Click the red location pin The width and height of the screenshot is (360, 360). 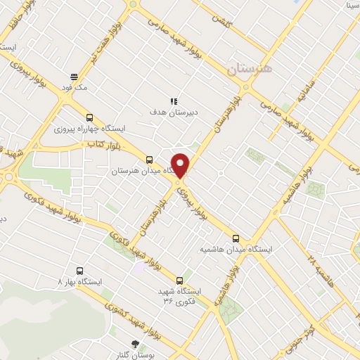(x=181, y=164)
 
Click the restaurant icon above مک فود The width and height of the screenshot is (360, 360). (x=74, y=77)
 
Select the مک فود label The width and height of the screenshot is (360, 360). (x=74, y=88)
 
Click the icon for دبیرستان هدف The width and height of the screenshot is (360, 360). (x=172, y=101)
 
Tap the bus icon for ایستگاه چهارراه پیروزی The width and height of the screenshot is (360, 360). (x=89, y=118)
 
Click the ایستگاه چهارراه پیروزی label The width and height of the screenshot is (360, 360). (x=89, y=129)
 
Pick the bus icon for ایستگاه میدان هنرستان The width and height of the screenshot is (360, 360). (x=148, y=160)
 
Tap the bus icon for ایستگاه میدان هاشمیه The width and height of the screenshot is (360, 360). (x=236, y=238)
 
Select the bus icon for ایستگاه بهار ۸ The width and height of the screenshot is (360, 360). (x=79, y=271)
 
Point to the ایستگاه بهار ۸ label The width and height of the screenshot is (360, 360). (x=79, y=281)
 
